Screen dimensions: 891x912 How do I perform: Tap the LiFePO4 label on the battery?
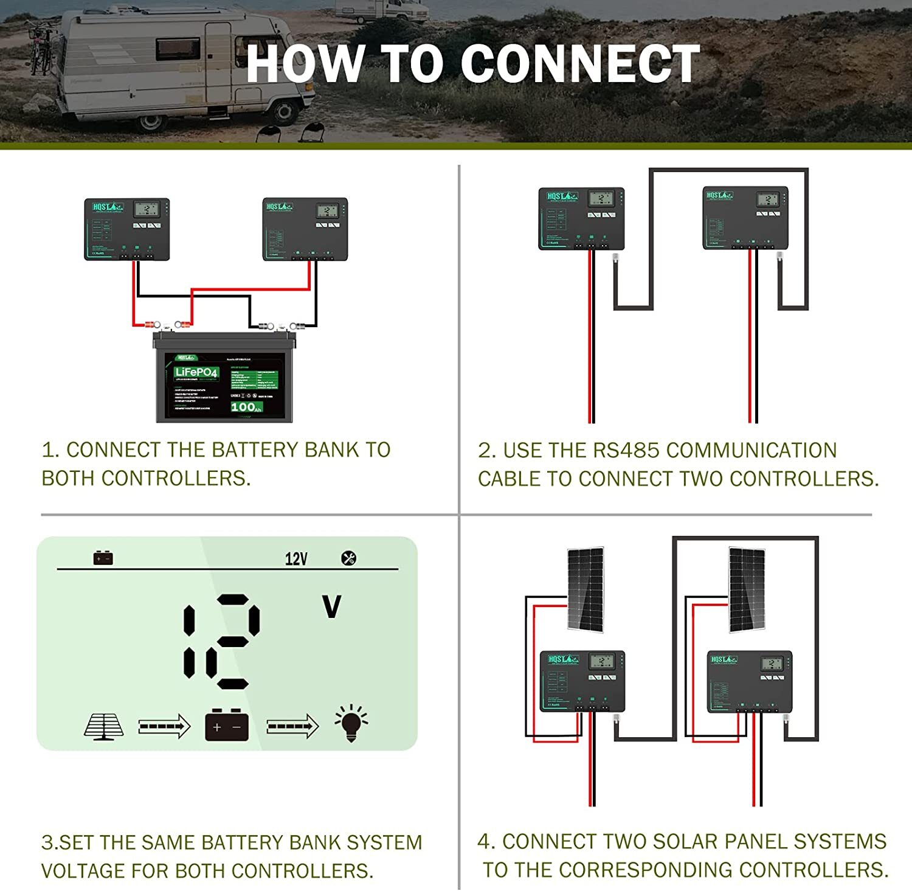(196, 372)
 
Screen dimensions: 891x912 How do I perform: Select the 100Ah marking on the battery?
(246, 407)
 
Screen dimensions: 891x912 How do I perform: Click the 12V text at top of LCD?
(296, 559)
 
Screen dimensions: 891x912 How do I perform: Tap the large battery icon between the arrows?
(227, 724)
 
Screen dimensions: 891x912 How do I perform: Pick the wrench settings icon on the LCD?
(348, 558)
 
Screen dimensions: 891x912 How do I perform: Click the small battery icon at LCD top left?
(103, 558)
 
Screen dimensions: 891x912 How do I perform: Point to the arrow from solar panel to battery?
(164, 726)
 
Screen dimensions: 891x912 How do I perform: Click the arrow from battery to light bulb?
(292, 726)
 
